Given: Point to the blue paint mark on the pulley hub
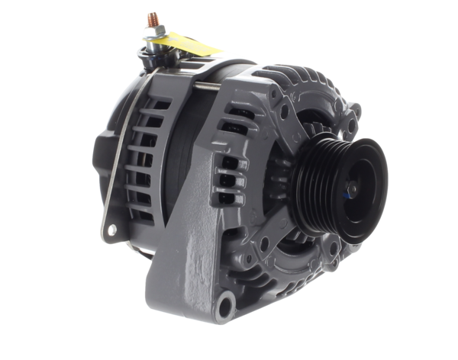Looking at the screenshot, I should click(x=348, y=195).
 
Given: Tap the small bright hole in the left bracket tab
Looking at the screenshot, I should click(x=112, y=229).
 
